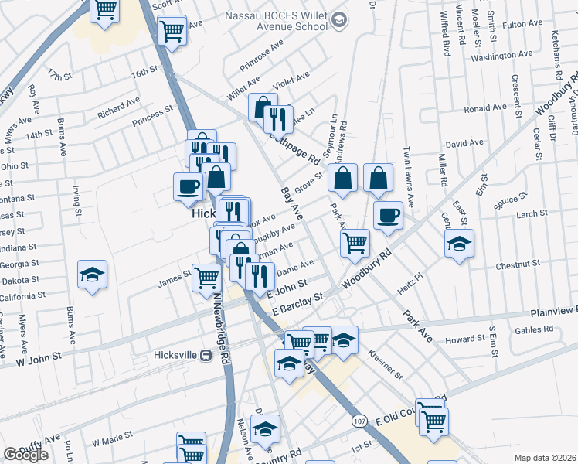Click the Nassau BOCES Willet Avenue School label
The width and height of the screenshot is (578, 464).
click(x=276, y=20)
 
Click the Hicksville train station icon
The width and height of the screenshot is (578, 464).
click(x=206, y=356)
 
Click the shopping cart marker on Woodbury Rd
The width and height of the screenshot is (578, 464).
click(x=355, y=242)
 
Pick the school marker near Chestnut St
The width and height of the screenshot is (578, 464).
click(x=459, y=244)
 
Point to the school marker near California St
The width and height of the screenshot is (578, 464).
click(x=92, y=275)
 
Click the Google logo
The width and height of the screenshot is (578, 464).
click(x=26, y=455)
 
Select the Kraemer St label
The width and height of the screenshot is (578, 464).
click(x=386, y=363)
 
